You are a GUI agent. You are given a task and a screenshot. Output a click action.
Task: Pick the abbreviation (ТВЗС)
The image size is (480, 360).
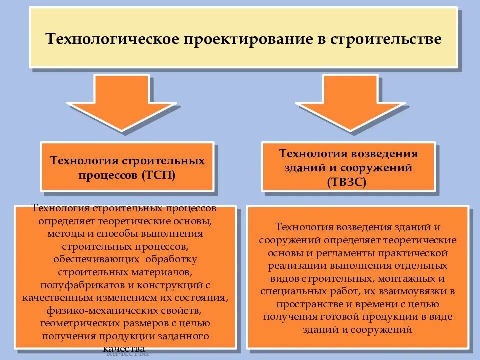[348, 181]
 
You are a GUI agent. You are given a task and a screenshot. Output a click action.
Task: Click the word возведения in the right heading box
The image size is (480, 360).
[384, 154]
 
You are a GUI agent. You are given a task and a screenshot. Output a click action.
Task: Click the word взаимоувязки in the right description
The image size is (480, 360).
[413, 291]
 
